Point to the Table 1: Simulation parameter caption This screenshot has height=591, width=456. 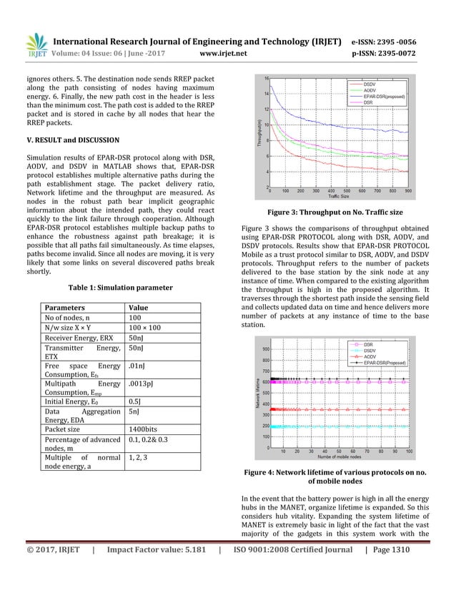120,287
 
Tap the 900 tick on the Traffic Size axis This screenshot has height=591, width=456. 407,191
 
